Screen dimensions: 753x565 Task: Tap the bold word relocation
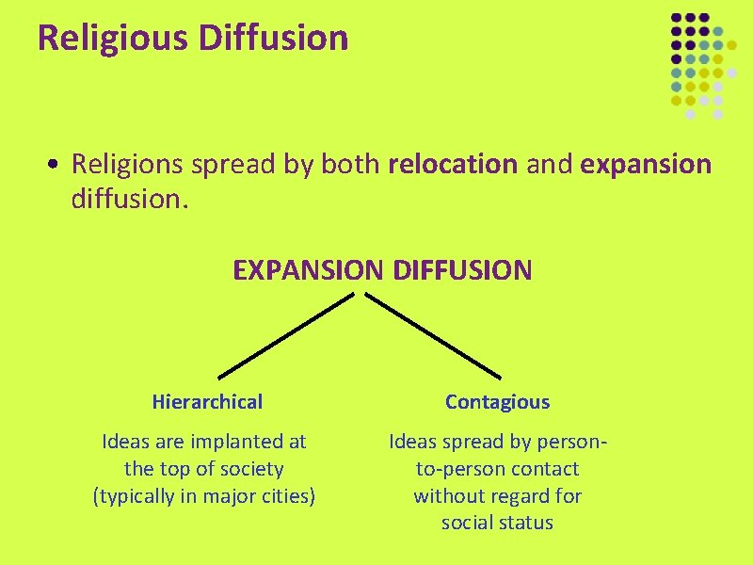(452, 165)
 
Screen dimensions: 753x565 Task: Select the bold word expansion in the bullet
(646, 165)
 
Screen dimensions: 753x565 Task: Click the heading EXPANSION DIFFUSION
(382, 271)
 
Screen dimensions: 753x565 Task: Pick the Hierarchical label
(207, 402)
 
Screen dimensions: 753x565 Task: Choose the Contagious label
(497, 402)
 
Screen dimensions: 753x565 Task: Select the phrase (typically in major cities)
(203, 495)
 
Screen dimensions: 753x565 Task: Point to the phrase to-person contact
(497, 468)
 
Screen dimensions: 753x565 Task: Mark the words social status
(497, 523)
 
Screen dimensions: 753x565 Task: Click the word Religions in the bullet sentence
(128, 165)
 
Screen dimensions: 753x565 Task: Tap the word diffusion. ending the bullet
(131, 199)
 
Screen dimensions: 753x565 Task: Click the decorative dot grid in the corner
(697, 66)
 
